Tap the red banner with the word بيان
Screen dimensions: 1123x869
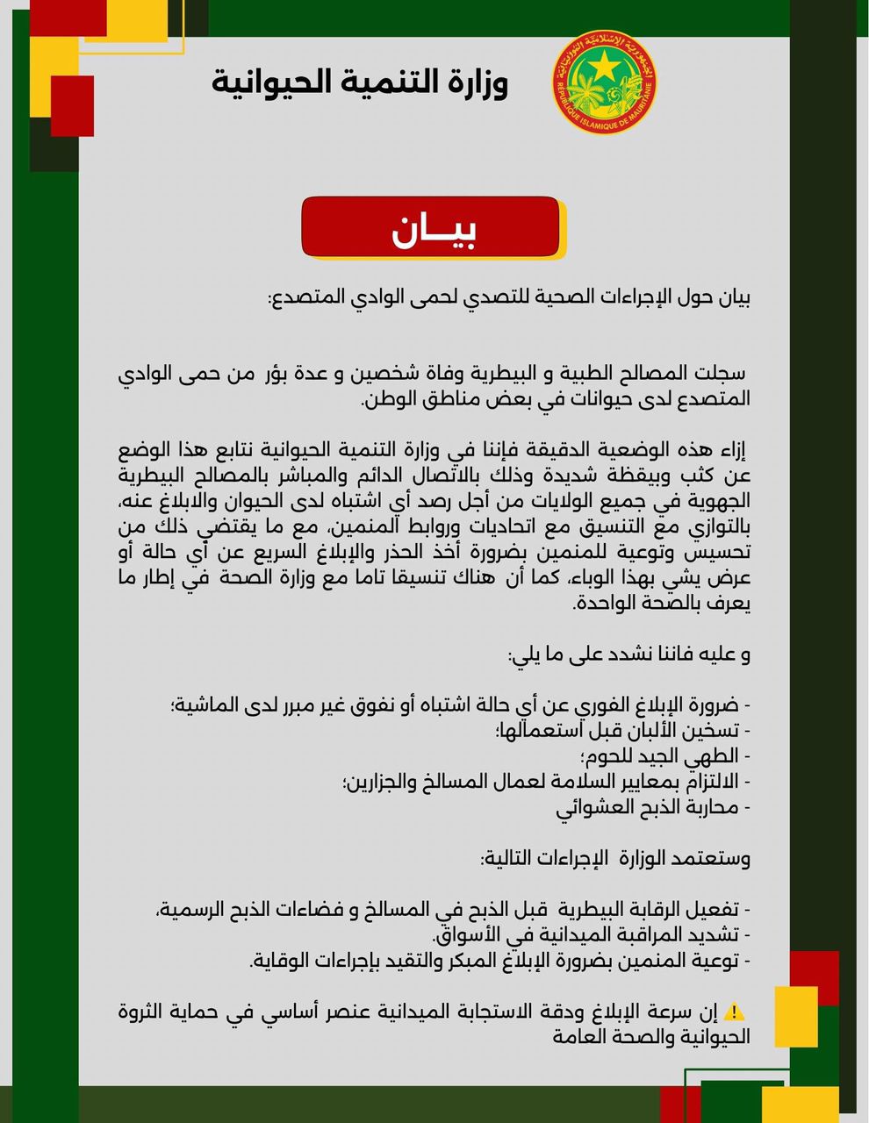pos(430,227)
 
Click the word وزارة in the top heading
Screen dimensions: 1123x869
pos(475,82)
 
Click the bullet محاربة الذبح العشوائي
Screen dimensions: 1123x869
pos(653,807)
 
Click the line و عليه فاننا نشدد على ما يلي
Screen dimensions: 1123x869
pos(628,654)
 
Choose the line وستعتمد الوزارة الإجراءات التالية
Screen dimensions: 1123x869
pos(614,858)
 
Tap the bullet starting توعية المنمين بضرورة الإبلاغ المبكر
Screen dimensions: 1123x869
pos(499,960)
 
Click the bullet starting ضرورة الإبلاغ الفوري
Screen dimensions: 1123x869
pos(460,705)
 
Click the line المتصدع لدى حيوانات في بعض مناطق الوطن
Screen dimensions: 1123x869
pos(557,398)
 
